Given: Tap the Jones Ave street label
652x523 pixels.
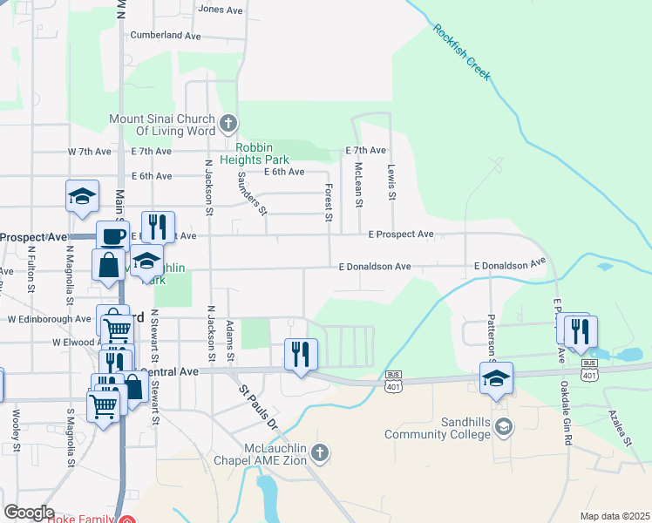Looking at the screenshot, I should pos(221,10).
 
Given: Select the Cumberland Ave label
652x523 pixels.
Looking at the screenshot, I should pos(166,36).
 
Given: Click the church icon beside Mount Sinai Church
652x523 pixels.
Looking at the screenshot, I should pos(228,122).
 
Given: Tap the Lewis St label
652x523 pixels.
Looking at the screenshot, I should pos(392,183).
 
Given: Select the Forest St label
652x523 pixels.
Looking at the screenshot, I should pos(329,200).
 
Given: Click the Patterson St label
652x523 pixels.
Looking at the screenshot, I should pos(491,336).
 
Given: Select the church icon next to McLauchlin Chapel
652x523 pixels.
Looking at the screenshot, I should pos(320,452).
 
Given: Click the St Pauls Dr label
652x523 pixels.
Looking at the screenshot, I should pos(258,409).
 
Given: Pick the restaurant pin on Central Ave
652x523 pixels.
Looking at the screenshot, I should pos(301,354).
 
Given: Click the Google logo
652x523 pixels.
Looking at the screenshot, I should pos(30,513).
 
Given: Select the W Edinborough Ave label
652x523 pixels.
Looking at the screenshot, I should pos(49,319).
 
